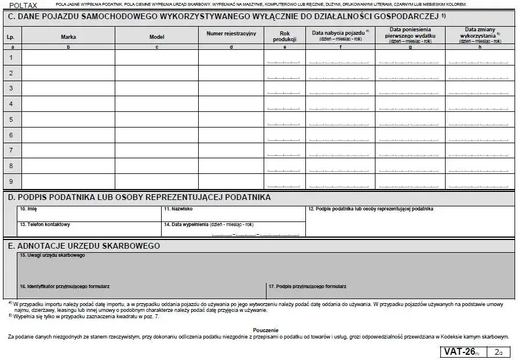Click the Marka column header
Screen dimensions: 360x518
click(68, 37)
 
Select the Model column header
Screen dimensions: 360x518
click(156, 37)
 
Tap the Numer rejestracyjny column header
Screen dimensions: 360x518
click(231, 34)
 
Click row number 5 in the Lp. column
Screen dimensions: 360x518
click(10, 119)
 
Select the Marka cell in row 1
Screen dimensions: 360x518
click(68, 57)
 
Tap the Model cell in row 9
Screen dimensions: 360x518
click(156, 181)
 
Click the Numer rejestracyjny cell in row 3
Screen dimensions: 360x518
click(231, 89)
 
